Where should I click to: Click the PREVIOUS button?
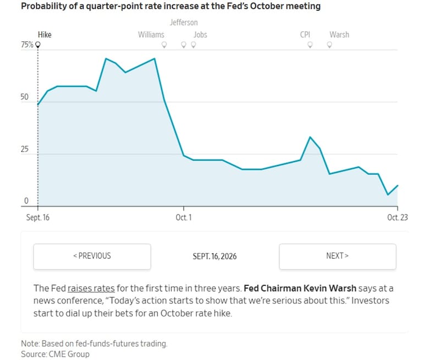(92, 257)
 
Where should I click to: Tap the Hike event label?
(45, 35)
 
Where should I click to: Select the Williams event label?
(151, 35)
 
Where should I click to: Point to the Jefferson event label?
(184, 23)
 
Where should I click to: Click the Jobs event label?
(200, 35)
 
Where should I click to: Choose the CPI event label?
(305, 35)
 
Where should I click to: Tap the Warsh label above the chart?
(339, 35)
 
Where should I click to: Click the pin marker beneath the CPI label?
(310, 45)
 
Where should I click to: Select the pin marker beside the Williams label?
(164, 45)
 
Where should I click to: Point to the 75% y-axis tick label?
(27, 45)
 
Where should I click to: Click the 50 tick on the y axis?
(25, 97)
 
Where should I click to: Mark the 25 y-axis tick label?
(25, 149)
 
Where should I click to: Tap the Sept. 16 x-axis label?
(38, 218)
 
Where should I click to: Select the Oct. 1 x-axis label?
(184, 218)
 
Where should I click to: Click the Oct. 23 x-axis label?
(398, 218)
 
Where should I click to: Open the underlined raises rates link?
(91, 288)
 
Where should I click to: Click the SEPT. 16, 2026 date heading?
(215, 257)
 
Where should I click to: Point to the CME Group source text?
(69, 354)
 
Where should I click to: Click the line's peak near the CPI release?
(310, 137)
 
